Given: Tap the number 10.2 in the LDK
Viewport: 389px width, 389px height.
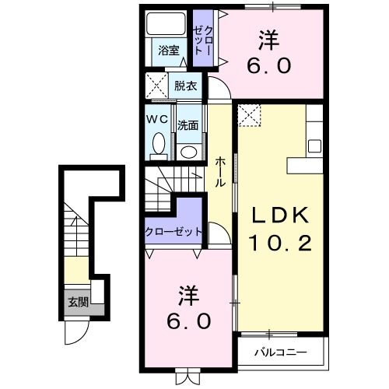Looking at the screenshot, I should click(281, 244).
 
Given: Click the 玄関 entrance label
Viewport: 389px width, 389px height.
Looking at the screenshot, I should click(77, 303).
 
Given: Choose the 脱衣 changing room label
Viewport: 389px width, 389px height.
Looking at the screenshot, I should click(185, 85).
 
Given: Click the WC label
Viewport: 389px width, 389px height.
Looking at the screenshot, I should click(159, 121).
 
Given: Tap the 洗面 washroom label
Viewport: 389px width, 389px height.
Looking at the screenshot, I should click(187, 123).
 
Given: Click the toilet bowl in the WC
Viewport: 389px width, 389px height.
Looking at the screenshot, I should click(159, 145).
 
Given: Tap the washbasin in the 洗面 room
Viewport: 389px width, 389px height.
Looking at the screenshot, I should click(187, 150).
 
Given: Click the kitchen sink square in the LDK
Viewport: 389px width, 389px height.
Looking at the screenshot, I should click(315, 145).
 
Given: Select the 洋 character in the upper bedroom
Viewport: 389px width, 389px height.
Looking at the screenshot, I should click(268, 37).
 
